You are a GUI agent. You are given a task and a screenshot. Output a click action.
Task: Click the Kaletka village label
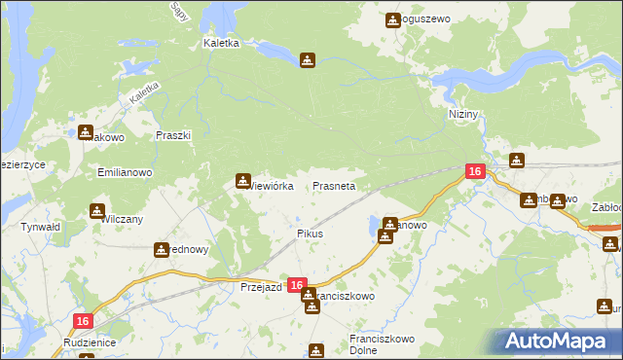pos(222,44)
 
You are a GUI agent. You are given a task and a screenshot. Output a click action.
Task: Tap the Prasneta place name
pos(333,185)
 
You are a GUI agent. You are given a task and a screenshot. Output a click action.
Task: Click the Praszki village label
pos(173,136)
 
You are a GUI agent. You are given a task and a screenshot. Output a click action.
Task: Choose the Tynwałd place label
pos(41,227)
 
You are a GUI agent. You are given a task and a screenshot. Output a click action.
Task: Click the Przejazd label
pos(261,288)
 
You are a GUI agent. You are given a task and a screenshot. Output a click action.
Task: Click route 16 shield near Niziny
pos(474,171)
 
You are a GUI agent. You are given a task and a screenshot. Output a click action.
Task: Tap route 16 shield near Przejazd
pos(298,285)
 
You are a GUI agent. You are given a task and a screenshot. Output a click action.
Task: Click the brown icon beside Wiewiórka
pos(242,180)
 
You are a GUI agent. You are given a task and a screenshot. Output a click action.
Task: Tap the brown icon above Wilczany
pos(97,210)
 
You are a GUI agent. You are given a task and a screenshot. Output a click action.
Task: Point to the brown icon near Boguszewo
pos(393,19)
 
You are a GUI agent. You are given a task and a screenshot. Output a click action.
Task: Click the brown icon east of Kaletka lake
pos(308,60)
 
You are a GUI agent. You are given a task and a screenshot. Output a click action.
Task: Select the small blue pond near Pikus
pos(376,228)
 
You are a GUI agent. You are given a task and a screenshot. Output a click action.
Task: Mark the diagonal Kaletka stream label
pos(143,92)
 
